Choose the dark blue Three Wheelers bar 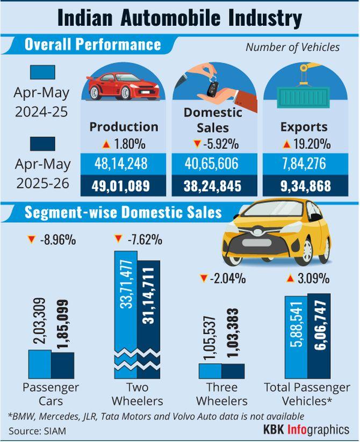pos(233,371)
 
